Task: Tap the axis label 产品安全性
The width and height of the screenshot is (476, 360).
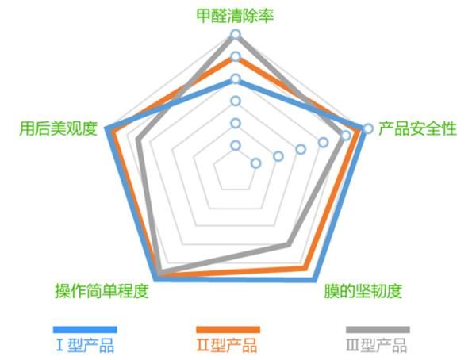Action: (416, 128)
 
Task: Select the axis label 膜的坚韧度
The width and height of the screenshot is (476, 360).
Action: (363, 291)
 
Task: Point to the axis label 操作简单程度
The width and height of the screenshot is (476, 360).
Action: (102, 291)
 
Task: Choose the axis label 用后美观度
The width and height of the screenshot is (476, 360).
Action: (58, 128)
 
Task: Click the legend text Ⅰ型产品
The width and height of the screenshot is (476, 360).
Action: (84, 346)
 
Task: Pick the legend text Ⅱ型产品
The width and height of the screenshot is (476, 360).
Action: (227, 346)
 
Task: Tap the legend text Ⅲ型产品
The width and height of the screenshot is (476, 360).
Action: (377, 346)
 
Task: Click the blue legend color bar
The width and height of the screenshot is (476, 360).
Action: (85, 329)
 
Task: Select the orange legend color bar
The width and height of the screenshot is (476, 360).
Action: (228, 329)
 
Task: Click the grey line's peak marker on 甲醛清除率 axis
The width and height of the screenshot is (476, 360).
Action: (236, 34)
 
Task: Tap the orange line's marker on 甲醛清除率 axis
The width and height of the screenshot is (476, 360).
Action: (236, 57)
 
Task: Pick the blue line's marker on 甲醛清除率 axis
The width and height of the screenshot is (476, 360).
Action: (236, 79)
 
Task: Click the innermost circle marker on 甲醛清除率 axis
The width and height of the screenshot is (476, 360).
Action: (236, 145)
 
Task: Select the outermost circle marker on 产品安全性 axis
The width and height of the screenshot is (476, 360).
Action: (368, 128)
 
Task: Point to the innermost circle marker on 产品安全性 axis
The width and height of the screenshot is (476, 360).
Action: (255, 163)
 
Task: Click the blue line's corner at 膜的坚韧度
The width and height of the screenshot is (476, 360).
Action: (316, 278)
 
